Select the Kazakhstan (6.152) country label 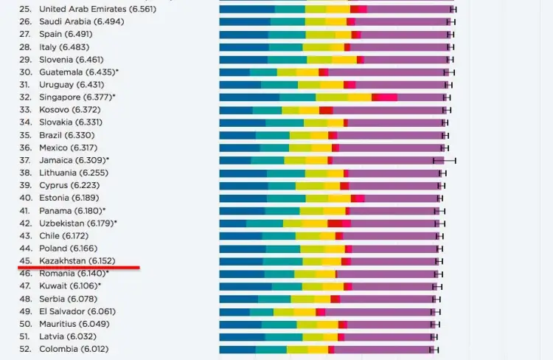(x=77, y=260)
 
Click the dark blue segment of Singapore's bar (x=249, y=97)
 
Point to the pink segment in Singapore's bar (x=387, y=97)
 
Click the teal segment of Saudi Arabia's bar (x=288, y=21)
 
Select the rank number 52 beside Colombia (x=26, y=348)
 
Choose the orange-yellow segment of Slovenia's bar (x=344, y=59)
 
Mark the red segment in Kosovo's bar (x=326, y=109)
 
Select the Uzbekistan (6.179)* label (x=77, y=223)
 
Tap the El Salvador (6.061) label (x=77, y=311)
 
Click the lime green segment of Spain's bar (x=320, y=34)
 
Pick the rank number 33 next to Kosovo (x=26, y=109)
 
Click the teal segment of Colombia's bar (x=271, y=348)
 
